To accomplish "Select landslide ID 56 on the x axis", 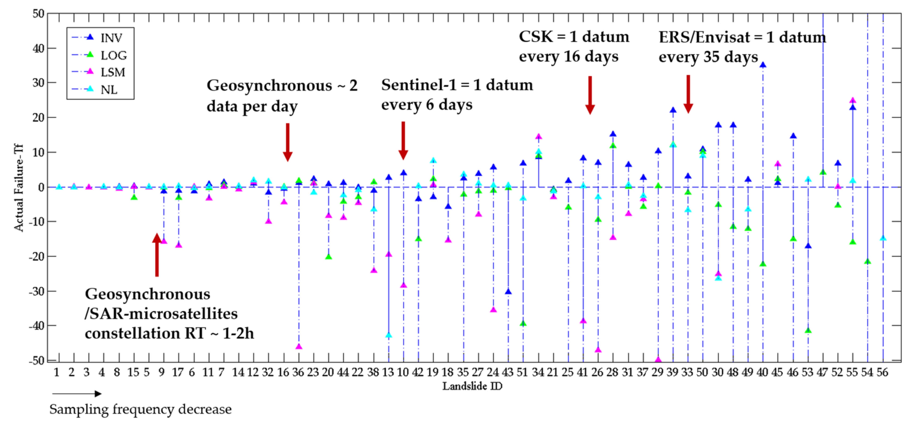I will click(882, 372).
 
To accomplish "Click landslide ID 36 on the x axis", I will click(298, 372).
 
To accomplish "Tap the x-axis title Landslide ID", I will click(472, 386).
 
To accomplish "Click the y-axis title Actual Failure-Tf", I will click(18, 188).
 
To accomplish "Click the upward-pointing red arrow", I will click(157, 255).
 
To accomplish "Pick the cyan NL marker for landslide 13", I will click(389, 335).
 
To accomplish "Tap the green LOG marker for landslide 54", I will click(868, 262).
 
